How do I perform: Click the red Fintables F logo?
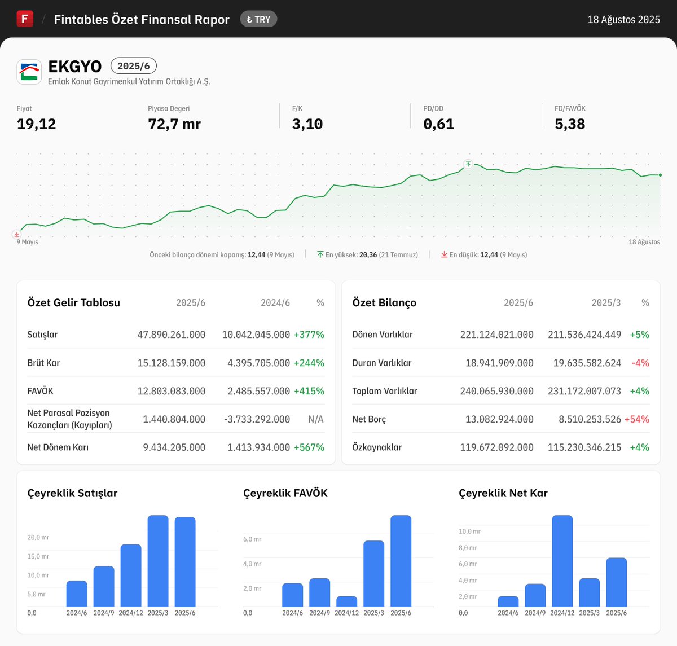(x=25, y=19)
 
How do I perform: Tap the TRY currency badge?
(x=258, y=19)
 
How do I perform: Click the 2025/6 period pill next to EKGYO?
(x=134, y=66)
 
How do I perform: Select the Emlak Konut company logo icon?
(x=29, y=72)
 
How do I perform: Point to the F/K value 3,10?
(x=307, y=124)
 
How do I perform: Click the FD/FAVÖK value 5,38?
(x=569, y=124)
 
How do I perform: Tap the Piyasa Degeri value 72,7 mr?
(x=174, y=124)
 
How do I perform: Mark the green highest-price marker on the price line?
(x=468, y=164)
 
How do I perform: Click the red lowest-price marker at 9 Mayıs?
(x=17, y=234)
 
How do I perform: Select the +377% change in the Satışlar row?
(x=309, y=335)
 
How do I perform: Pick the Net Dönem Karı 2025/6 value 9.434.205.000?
(x=174, y=447)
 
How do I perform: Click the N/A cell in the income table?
(x=315, y=419)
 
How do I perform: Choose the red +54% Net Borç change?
(x=636, y=419)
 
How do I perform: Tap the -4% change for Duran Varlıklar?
(x=640, y=363)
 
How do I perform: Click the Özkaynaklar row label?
(x=377, y=447)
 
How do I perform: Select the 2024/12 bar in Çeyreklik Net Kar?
(x=562, y=561)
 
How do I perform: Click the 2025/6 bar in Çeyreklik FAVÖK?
(x=401, y=561)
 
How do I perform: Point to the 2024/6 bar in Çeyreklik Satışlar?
(x=77, y=594)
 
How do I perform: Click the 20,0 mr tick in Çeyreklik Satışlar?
(x=38, y=538)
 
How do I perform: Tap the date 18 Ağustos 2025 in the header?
(x=623, y=20)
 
